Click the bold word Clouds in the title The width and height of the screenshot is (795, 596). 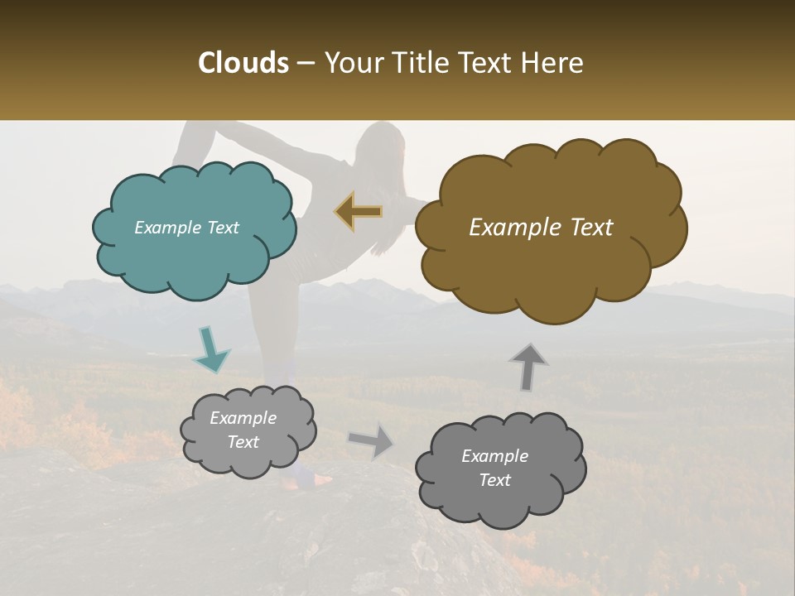(243, 63)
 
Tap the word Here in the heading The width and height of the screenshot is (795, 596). (553, 63)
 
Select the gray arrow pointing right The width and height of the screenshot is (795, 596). (372, 440)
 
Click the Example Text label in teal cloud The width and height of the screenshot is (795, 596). (186, 228)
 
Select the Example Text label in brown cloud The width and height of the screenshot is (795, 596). (541, 228)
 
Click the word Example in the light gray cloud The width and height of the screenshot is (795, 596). (243, 419)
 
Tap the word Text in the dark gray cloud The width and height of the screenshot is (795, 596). (494, 480)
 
